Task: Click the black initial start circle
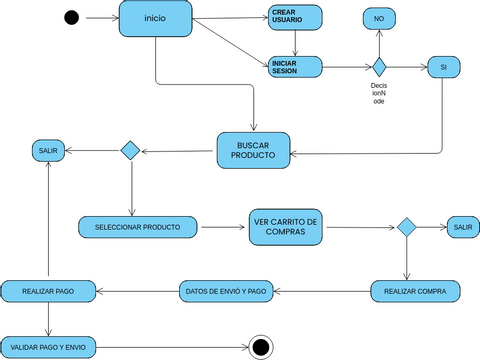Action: click(x=71, y=18)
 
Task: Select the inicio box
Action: click(x=156, y=19)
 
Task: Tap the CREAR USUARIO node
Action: click(x=295, y=17)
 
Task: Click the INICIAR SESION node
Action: click(x=295, y=67)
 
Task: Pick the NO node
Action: click(x=378, y=19)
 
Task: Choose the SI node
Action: click(x=442, y=67)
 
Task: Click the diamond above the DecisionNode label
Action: click(x=379, y=67)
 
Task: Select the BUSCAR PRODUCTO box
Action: click(x=254, y=151)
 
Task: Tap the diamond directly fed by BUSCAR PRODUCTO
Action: click(x=130, y=150)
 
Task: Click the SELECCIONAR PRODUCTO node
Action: click(x=138, y=227)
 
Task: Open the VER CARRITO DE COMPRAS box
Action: click(x=286, y=227)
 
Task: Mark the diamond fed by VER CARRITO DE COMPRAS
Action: click(x=406, y=227)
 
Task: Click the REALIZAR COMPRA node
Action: click(x=415, y=291)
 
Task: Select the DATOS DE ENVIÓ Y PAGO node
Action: click(x=227, y=291)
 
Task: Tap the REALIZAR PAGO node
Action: click(x=49, y=291)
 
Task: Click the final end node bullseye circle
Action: click(x=261, y=346)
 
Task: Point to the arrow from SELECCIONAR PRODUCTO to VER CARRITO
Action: click(x=223, y=227)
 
